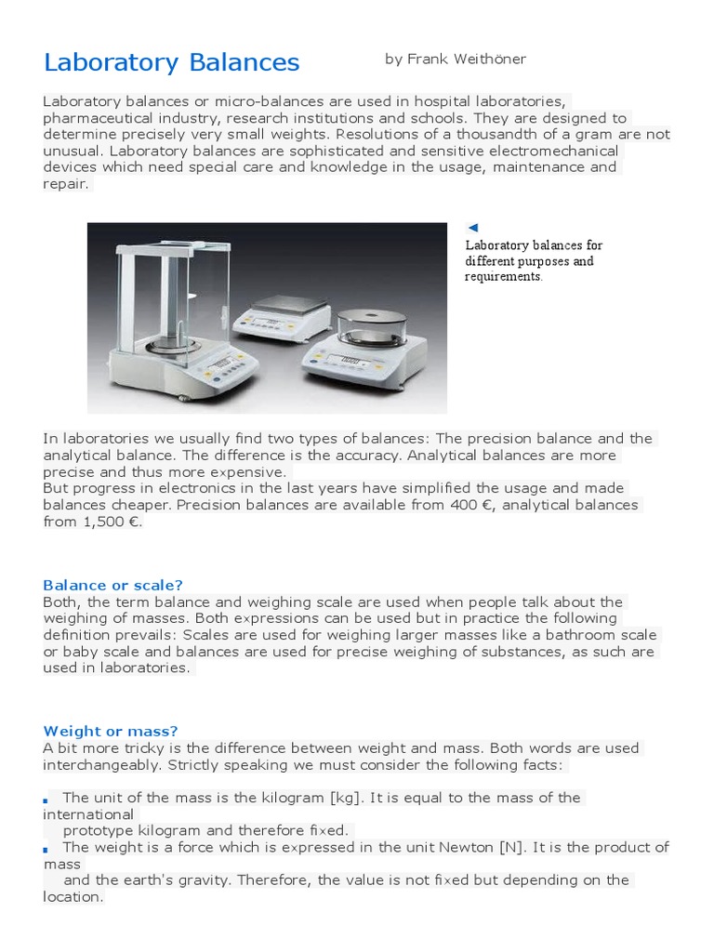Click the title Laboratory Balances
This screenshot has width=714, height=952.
coord(171,62)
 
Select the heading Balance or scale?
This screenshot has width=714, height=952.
coord(112,585)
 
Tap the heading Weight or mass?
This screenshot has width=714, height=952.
coord(110,732)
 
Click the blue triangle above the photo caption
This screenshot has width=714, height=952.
coord(473,228)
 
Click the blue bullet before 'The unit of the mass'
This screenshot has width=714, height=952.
coord(46,800)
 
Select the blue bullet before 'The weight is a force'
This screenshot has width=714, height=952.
coord(46,849)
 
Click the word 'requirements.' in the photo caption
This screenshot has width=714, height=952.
coord(504,277)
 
